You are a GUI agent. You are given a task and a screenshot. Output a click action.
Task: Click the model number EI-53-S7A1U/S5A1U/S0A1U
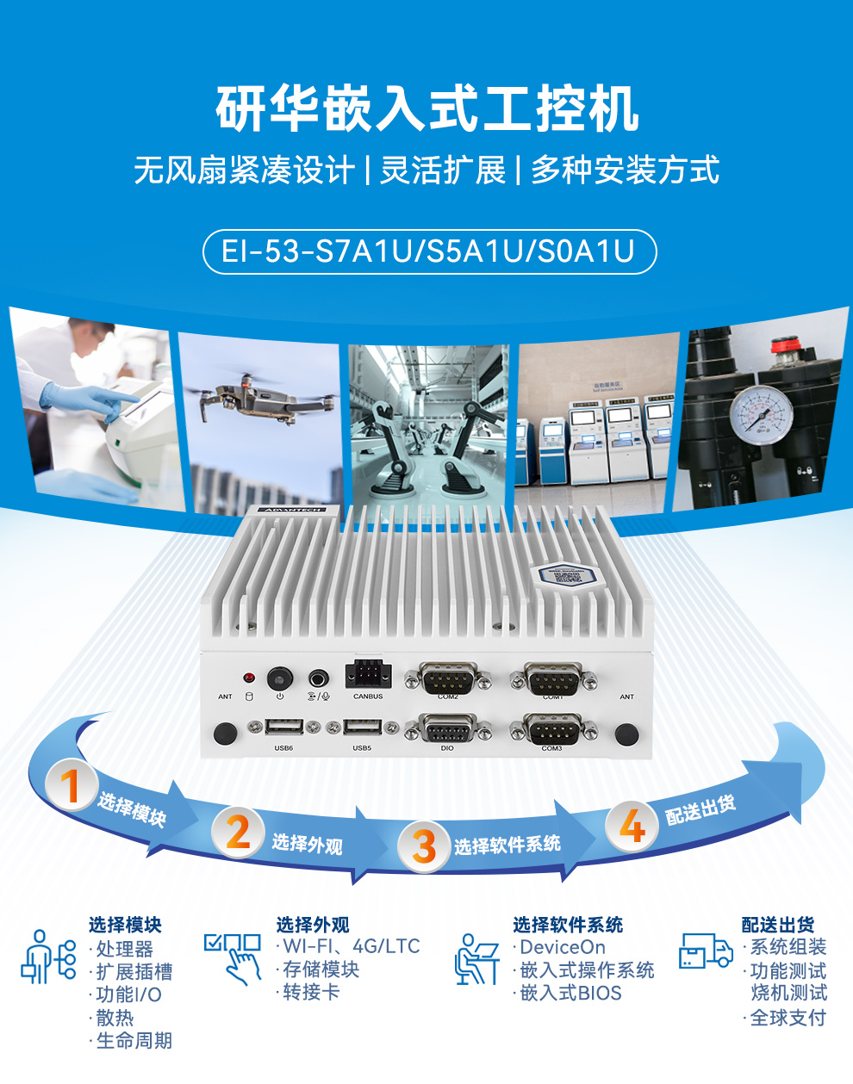coord(428,251)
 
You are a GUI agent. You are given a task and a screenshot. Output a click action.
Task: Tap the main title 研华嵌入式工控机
coord(426,109)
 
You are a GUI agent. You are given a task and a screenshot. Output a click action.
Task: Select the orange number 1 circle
coord(70,785)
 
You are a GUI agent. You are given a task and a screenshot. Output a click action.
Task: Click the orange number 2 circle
coord(238,832)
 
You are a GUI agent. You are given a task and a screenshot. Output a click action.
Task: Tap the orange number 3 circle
coord(423,846)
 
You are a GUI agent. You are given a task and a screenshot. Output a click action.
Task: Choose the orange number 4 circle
coord(632,826)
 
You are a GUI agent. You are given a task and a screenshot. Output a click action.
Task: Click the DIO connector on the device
coord(446,731)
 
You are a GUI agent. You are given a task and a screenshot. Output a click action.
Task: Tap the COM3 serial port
coord(551,731)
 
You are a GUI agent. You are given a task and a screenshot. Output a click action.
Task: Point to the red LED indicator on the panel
coord(249,678)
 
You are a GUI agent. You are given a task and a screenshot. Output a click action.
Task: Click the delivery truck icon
coord(706,951)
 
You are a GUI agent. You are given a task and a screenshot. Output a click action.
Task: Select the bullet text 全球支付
coord(788,1018)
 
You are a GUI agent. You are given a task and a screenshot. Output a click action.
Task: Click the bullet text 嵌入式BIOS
coord(570,993)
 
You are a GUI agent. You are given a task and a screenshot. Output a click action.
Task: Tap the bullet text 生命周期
coord(134,1040)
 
